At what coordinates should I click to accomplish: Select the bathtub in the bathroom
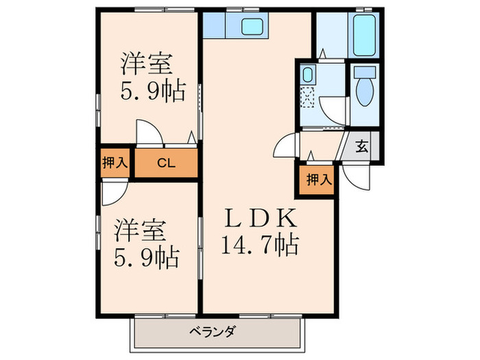[363, 33]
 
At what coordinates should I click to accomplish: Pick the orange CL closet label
[165, 163]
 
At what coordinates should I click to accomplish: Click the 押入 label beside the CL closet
[115, 163]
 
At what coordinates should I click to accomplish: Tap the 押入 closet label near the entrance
[318, 181]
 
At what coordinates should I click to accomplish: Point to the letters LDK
[261, 218]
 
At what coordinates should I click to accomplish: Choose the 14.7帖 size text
[261, 242]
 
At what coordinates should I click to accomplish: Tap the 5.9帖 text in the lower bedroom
[146, 257]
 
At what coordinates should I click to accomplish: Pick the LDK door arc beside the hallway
[285, 145]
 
